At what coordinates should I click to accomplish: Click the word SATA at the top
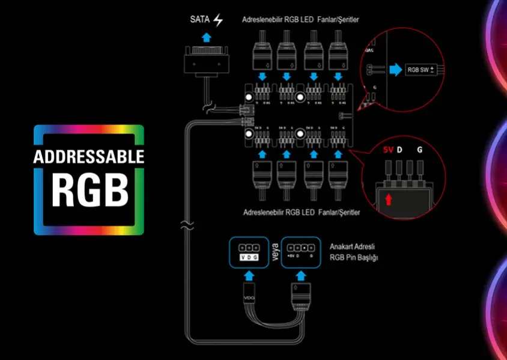[x=200, y=20]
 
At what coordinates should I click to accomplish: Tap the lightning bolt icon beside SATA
[x=217, y=20]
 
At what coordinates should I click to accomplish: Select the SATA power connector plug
[x=206, y=63]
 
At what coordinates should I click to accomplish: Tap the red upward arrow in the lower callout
[x=389, y=198]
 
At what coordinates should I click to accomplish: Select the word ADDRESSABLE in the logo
[x=89, y=157]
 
